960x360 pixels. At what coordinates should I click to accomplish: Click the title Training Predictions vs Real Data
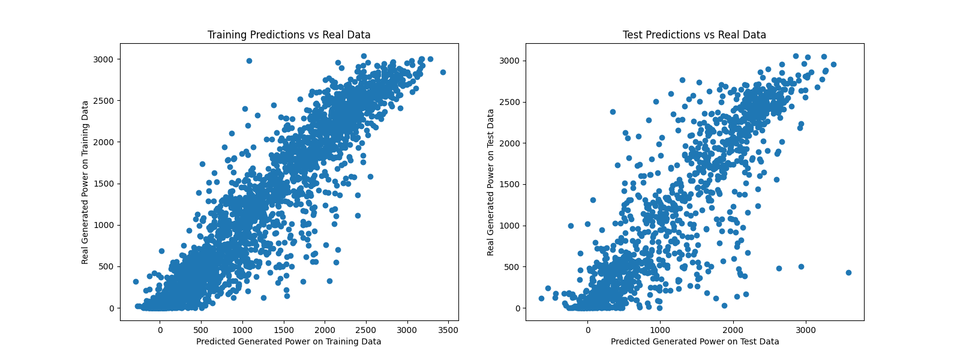(x=289, y=35)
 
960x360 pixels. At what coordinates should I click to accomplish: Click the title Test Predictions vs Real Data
(x=694, y=35)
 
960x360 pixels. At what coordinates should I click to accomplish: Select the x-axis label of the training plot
(x=289, y=341)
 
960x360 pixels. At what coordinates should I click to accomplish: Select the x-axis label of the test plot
(x=695, y=341)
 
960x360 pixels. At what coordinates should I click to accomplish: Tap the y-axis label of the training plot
(x=85, y=182)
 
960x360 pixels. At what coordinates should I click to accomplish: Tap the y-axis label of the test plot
(x=491, y=182)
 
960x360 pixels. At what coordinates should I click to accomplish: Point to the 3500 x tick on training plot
(x=448, y=330)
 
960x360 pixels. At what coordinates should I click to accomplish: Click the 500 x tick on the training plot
(x=201, y=330)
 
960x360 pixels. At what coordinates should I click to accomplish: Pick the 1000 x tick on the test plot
(x=660, y=330)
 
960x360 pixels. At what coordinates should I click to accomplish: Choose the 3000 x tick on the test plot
(x=805, y=330)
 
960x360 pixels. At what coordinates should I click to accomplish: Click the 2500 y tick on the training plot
(x=103, y=101)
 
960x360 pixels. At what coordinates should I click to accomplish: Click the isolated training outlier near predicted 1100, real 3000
(x=249, y=61)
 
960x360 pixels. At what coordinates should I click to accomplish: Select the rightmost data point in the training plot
(x=443, y=72)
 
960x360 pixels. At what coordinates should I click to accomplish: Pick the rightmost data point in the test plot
(x=848, y=272)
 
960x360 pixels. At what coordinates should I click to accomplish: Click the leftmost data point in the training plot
(x=136, y=281)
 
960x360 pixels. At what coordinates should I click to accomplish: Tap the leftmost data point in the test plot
(x=541, y=298)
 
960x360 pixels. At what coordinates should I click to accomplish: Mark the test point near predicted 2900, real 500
(x=801, y=266)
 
